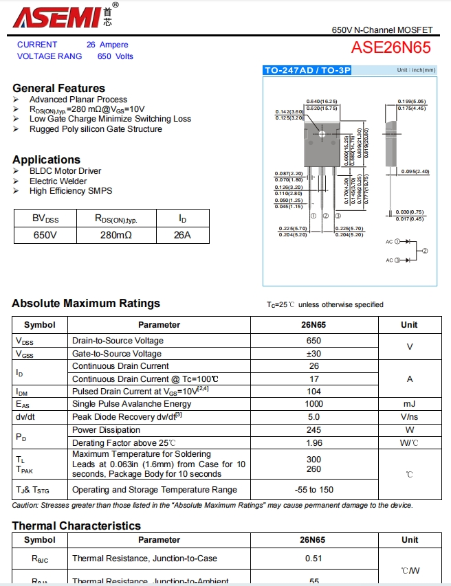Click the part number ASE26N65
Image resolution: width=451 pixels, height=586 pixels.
coord(390,47)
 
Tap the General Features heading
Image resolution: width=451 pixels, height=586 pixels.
coord(59,88)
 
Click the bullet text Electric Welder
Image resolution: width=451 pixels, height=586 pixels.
coord(58,181)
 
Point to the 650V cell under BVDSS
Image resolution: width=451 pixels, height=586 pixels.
coord(45,235)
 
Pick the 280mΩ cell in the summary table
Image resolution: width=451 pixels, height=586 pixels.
coord(115,235)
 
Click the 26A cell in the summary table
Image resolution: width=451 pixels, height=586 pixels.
coord(182,235)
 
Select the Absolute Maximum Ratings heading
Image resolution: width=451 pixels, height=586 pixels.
coord(86,304)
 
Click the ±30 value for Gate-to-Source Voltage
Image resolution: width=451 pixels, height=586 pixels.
coord(313,354)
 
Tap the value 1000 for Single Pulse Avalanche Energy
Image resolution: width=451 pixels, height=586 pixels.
coord(313,404)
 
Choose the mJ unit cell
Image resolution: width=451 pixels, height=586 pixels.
coord(410,404)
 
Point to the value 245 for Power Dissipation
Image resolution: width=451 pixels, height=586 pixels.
coord(313,430)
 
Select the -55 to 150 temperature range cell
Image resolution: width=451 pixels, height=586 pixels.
coord(313,490)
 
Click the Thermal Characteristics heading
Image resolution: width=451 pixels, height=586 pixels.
coord(76,526)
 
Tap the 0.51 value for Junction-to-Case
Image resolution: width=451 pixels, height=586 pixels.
coord(313,559)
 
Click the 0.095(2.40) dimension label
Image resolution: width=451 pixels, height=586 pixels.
coord(415,171)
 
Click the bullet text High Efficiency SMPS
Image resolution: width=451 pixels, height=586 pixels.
coord(71,191)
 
